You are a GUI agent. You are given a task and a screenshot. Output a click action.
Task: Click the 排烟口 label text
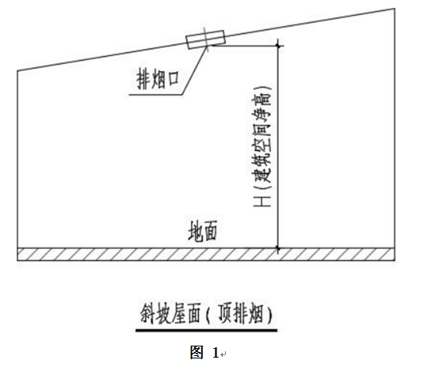click(x=157, y=80)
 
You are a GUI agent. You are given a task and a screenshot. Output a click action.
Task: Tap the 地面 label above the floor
click(x=203, y=231)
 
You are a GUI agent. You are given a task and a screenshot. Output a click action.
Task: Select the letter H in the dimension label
click(x=262, y=201)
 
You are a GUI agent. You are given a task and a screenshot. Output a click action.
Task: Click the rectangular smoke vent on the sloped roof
click(x=206, y=39)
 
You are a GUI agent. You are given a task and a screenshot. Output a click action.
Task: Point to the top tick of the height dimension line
click(x=278, y=46)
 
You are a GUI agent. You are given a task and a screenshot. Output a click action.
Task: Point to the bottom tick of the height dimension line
click(x=278, y=248)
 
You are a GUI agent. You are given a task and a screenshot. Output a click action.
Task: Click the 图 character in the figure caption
click(x=196, y=352)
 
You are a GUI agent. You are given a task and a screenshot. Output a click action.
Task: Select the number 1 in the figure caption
click(x=216, y=353)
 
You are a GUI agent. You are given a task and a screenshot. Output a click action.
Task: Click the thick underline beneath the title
click(x=206, y=330)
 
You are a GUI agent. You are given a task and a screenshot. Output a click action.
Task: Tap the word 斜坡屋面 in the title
click(x=170, y=314)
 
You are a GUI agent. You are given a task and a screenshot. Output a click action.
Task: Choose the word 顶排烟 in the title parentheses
click(x=240, y=314)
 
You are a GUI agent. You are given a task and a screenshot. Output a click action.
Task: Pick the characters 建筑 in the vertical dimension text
click(x=262, y=168)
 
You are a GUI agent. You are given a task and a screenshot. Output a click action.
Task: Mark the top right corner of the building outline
click(x=394, y=9)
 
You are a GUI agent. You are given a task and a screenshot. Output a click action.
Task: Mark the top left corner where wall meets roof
click(x=18, y=71)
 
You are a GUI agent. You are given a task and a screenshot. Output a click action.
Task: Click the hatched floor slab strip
click(x=206, y=255)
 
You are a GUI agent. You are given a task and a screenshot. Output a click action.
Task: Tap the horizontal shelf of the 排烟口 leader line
click(x=156, y=95)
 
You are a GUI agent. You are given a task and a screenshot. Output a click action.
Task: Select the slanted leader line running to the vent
click(x=194, y=71)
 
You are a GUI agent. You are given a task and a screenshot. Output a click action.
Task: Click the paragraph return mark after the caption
click(x=224, y=354)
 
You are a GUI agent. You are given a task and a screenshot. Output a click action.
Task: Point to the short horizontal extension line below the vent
click(x=244, y=46)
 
